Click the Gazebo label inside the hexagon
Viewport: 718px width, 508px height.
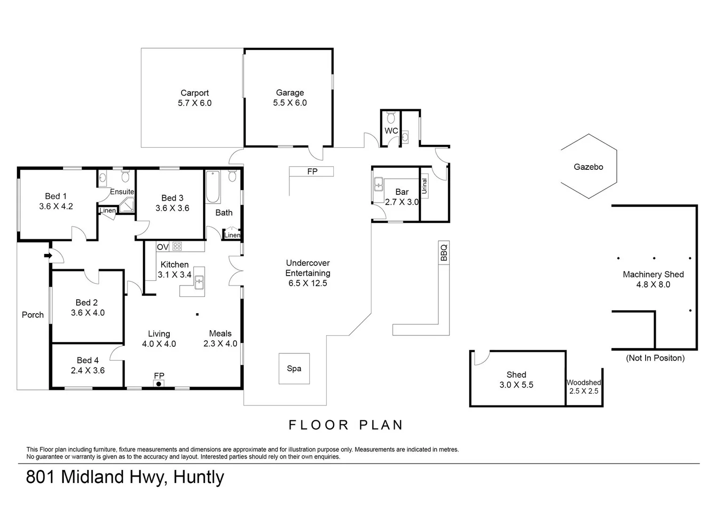(588, 167)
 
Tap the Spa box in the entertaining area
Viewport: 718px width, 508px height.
(294, 368)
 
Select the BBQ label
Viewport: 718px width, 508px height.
(444, 253)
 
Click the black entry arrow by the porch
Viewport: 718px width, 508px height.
(47, 255)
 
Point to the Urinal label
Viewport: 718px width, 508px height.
(425, 186)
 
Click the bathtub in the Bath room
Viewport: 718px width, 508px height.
(213, 186)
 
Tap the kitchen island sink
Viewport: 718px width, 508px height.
(199, 282)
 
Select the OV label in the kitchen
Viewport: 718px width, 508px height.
(163, 247)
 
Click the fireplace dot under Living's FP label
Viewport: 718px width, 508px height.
(159, 384)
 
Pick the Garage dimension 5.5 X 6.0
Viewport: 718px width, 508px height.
(290, 103)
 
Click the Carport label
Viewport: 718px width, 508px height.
(195, 93)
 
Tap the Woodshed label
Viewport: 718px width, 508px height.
(584, 382)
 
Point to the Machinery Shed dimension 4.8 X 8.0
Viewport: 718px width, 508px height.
(653, 285)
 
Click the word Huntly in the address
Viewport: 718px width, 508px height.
(198, 477)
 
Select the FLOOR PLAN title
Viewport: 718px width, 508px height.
(346, 425)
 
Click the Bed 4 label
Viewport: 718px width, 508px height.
(87, 360)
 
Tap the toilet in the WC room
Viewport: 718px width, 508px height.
(391, 117)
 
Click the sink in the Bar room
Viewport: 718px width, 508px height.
(379, 186)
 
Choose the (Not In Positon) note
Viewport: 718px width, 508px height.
(655, 358)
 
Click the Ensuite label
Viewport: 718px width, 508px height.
(122, 191)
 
